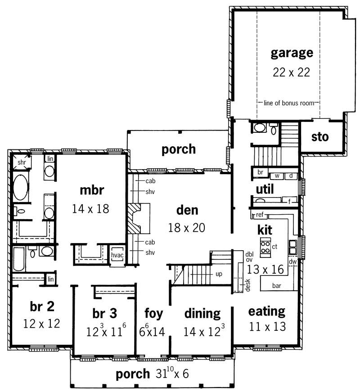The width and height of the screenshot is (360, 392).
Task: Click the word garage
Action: [292, 53]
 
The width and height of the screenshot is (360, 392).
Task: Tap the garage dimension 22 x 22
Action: [291, 72]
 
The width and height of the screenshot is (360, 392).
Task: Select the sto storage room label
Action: [320, 136]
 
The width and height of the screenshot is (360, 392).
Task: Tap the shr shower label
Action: [21, 162]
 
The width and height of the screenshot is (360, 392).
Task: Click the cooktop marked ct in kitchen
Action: [266, 248]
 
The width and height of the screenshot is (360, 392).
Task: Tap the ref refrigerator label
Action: [259, 215]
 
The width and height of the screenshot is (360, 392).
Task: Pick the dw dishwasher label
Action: [292, 261]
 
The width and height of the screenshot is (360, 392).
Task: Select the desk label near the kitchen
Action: [247, 284]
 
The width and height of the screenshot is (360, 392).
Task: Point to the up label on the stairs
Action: [218, 274]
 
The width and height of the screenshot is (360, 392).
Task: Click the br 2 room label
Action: [42, 306]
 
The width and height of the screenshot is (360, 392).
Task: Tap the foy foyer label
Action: [153, 313]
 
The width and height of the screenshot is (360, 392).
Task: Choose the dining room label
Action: [202, 313]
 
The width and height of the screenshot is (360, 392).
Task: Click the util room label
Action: [265, 188]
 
